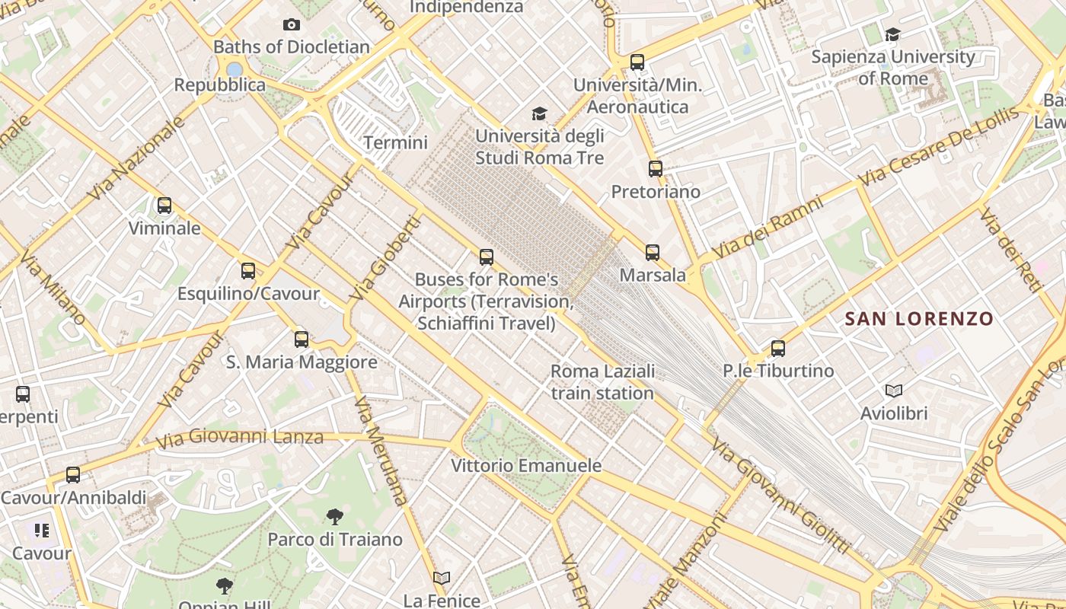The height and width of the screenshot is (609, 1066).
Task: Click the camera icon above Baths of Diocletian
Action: coord(291,25)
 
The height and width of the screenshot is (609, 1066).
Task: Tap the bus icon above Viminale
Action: coord(164,206)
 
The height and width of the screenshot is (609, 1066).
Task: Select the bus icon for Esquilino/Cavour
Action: coord(247,271)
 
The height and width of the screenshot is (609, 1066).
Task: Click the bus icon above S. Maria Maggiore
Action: coord(302,340)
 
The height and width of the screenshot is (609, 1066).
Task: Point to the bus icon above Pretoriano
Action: coord(655,169)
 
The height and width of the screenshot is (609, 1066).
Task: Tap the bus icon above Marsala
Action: coord(652,253)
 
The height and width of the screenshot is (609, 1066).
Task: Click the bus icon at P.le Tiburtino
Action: coord(777,349)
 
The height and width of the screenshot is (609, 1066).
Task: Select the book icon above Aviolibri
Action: coord(894,391)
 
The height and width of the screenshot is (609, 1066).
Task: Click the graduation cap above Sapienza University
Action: coord(892,34)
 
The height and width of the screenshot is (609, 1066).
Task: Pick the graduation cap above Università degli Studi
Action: coord(539,114)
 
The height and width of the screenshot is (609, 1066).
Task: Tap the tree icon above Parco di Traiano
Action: coord(334,518)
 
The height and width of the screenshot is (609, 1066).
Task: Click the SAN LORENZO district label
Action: coord(919,319)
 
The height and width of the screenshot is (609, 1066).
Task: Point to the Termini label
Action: coord(395,142)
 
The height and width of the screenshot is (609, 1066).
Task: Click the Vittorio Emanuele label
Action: coord(526,465)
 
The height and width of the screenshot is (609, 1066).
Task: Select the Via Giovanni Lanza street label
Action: coord(239,438)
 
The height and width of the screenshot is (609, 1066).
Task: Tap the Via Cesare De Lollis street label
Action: coord(938,147)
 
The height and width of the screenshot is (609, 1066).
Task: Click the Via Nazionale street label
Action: coord(137,159)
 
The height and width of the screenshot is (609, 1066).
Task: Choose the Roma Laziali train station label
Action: coord(602,382)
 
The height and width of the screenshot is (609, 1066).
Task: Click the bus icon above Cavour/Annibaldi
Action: coord(72,475)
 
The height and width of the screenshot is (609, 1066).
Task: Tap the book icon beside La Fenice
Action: coord(442,579)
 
